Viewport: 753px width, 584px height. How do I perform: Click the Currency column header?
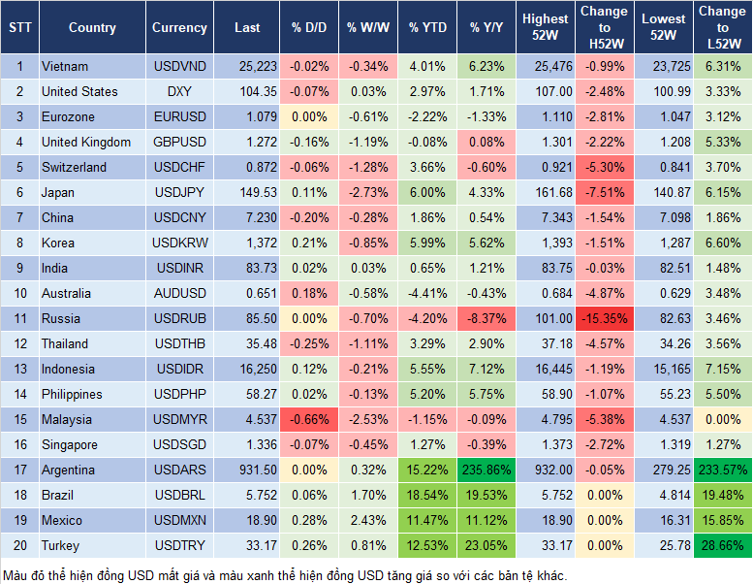pyautogui.click(x=179, y=28)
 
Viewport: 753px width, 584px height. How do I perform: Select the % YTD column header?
pyautogui.click(x=426, y=28)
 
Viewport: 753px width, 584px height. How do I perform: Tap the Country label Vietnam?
pyautogui.click(x=65, y=66)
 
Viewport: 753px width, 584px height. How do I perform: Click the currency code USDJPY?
pyautogui.click(x=179, y=192)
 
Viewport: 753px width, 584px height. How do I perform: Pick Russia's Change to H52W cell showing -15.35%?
pyautogui.click(x=607, y=318)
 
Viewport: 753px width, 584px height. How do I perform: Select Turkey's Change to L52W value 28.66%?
pyautogui.click(x=722, y=545)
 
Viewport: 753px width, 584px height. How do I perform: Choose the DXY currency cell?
pyautogui.click(x=179, y=91)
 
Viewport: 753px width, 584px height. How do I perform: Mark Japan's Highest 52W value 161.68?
pyautogui.click(x=545, y=192)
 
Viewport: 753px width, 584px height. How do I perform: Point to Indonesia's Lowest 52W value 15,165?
pyautogui.click(x=665, y=369)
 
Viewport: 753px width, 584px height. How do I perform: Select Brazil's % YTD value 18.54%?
pyautogui.click(x=426, y=495)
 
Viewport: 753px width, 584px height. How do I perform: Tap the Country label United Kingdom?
pyautogui.click(x=86, y=142)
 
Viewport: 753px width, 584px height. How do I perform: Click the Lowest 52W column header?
pyautogui.click(x=665, y=28)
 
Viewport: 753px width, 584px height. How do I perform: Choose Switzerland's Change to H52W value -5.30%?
pyautogui.click(x=607, y=167)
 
